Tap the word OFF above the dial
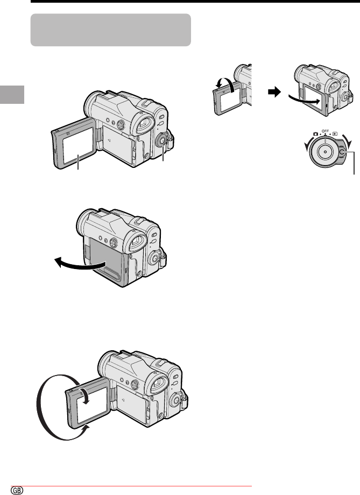[325, 130]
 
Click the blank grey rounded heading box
[111, 30]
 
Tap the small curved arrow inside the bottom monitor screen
[85, 395]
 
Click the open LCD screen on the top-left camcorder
[78, 146]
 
